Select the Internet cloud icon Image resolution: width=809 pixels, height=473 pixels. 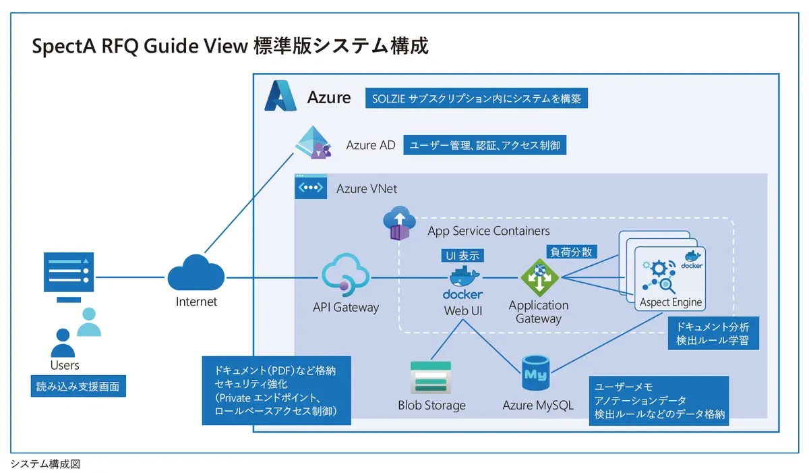(x=196, y=273)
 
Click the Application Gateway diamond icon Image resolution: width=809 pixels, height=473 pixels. (x=539, y=277)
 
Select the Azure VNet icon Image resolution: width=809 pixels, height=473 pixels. (x=311, y=186)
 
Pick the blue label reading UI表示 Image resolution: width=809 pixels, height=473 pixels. (x=462, y=256)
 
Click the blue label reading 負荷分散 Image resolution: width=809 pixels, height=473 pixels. (x=571, y=252)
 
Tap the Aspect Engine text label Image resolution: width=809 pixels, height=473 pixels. (x=670, y=302)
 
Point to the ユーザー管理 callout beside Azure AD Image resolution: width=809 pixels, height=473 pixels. (x=484, y=145)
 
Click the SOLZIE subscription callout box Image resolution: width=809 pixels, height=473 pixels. (x=477, y=99)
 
